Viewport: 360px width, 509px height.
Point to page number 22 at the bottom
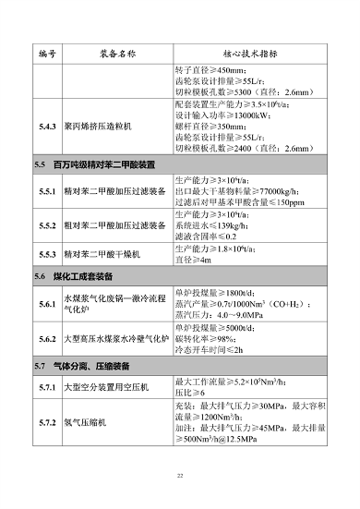point(180,476)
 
